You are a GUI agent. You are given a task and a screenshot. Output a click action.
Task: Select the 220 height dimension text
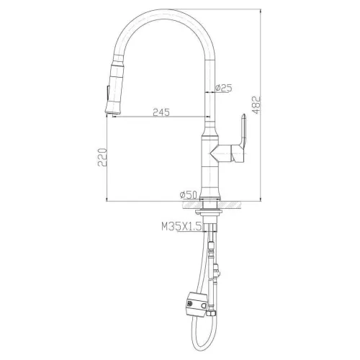pyautogui.click(x=102, y=158)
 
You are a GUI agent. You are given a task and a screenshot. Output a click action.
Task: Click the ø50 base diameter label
pyautogui.click(x=188, y=194)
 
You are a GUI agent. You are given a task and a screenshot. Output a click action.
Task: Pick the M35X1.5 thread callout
pyautogui.click(x=181, y=228)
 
